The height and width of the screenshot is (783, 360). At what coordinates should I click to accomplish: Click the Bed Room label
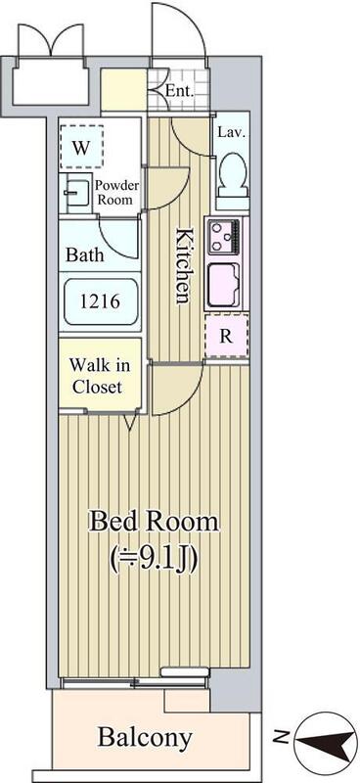pyautogui.click(x=154, y=523)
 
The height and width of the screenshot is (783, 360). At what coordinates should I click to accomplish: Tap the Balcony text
pyautogui.click(x=145, y=737)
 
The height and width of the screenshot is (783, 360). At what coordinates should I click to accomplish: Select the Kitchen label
pyautogui.click(x=183, y=265)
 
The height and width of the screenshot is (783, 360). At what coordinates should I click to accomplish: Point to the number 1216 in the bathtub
pyautogui.click(x=100, y=301)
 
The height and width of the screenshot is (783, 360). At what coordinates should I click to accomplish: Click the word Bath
pyautogui.click(x=85, y=254)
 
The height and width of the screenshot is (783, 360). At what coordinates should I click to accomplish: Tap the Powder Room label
pyautogui.click(x=116, y=192)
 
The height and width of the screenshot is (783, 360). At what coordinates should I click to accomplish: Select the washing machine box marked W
pyautogui.click(x=81, y=147)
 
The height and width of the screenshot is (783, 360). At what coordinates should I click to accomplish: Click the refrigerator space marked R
pyautogui.click(x=227, y=336)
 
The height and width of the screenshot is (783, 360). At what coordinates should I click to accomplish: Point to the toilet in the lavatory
pyautogui.click(x=232, y=175)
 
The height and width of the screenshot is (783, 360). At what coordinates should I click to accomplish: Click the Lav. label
pyautogui.click(x=232, y=133)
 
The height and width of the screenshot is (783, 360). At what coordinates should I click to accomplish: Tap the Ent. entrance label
pyautogui.click(x=180, y=91)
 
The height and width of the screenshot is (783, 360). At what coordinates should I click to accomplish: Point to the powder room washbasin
pyautogui.click(x=75, y=190)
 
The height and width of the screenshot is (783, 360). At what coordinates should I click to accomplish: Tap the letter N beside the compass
pyautogui.click(x=283, y=737)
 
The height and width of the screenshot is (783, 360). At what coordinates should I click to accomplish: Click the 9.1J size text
pyautogui.click(x=154, y=559)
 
